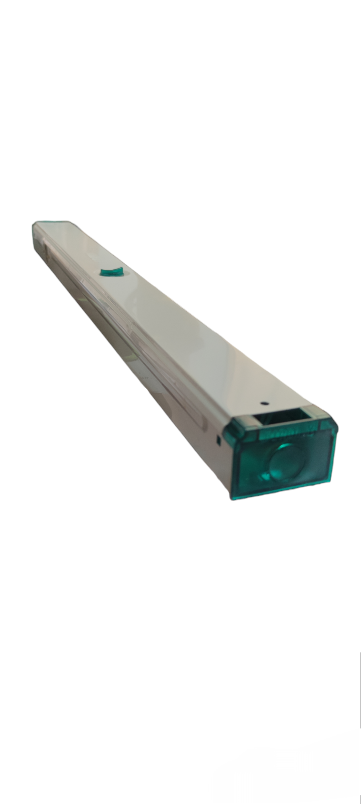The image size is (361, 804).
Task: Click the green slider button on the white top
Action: pos(111,272)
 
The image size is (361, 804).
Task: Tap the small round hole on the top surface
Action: pos(264,402)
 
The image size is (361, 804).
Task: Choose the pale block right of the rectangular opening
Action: pos(317,414)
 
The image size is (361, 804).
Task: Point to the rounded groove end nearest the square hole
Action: pos(203,422)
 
